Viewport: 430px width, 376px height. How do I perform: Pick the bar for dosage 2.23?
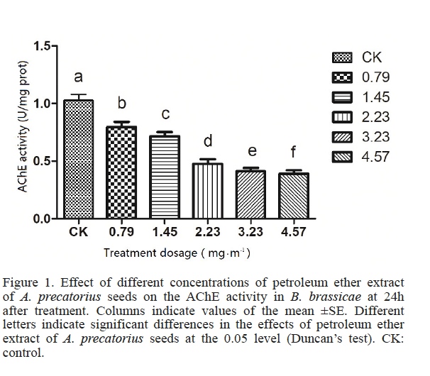click(x=208, y=192)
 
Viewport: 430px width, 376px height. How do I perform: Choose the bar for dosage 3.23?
click(x=251, y=195)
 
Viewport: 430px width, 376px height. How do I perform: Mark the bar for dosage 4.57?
click(x=293, y=196)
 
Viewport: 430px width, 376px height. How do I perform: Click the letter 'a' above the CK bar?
click(x=78, y=77)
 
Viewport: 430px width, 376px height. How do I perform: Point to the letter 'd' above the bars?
click(x=208, y=141)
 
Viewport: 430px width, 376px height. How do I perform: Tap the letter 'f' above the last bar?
click(x=294, y=152)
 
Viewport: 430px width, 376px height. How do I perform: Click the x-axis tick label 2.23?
click(x=208, y=232)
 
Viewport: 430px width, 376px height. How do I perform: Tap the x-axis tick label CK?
click(x=78, y=232)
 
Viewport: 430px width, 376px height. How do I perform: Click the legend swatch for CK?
click(x=343, y=57)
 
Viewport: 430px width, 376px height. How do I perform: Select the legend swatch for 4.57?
click(x=343, y=157)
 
